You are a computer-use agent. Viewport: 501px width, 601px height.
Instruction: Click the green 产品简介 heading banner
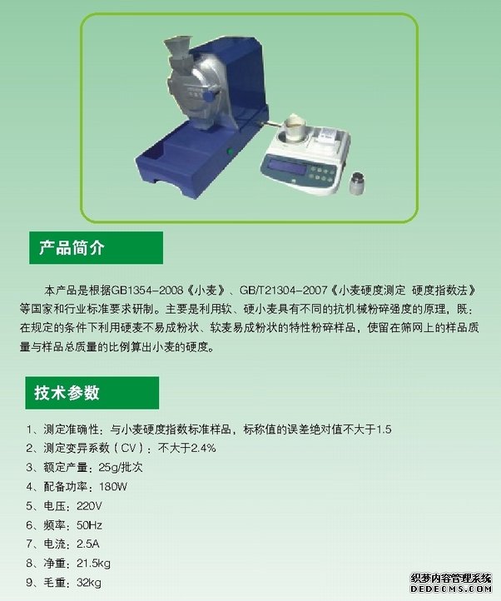pyautogui.click(x=97, y=247)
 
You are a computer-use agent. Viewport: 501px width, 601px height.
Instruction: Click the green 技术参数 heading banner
pyautogui.click(x=92, y=393)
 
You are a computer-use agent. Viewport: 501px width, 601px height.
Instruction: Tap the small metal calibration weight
pyautogui.click(x=357, y=183)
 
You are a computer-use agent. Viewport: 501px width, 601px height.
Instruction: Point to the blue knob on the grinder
pyautogui.click(x=209, y=96)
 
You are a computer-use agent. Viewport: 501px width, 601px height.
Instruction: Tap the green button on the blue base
pyautogui.click(x=231, y=151)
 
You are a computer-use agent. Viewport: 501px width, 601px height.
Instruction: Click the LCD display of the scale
pyautogui.click(x=287, y=166)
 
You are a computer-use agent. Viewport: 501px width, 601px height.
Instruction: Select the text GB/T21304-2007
pyautogui.click(x=283, y=291)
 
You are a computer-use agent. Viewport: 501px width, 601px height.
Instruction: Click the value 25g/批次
pyautogui.click(x=121, y=467)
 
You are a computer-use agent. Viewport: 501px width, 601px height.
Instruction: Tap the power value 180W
pyautogui.click(x=112, y=486)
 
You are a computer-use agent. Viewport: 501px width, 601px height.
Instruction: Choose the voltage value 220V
pyautogui.click(x=89, y=506)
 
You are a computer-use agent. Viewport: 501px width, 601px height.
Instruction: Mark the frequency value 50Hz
pyautogui.click(x=89, y=525)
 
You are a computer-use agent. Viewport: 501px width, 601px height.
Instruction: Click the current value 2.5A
pyautogui.click(x=87, y=544)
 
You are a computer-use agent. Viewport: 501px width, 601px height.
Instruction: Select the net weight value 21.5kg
pyautogui.click(x=93, y=564)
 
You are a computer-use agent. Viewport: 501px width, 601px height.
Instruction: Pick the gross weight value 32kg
pyautogui.click(x=89, y=583)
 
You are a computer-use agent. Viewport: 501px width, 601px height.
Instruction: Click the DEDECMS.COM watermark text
pyautogui.click(x=451, y=589)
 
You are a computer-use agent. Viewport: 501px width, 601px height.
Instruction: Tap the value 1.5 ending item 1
pyautogui.click(x=384, y=430)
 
